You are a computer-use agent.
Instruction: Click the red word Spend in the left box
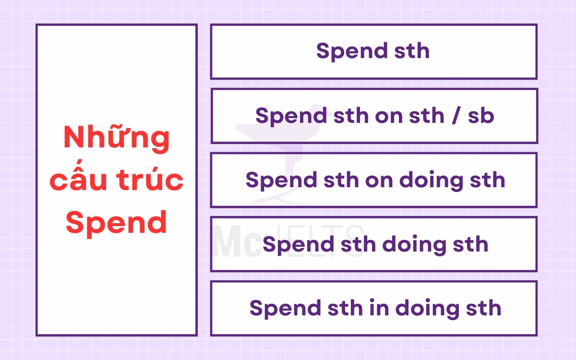pyautogui.click(x=117, y=223)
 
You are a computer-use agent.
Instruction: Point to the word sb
pyautogui.click(x=480, y=116)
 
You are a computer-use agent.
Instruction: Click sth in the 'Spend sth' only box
pyautogui.click(x=412, y=51)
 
